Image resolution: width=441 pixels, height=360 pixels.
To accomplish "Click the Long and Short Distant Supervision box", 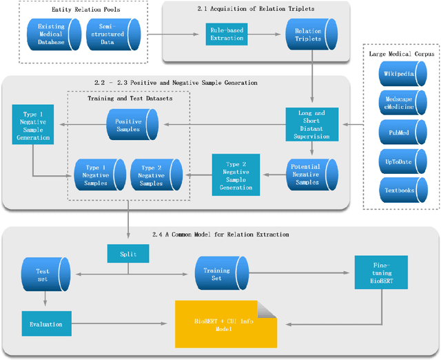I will coord(312,125).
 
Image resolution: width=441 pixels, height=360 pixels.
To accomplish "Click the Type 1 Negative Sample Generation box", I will coord(32,125).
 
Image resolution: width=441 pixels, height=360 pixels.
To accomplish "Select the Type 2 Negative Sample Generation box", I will coord(236,175).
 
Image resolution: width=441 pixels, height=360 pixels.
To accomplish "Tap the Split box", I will coord(127,254).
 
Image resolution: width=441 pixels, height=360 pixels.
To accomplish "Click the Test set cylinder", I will coord(43,274).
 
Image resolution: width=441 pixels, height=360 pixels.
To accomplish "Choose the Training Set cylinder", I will coord(216,274).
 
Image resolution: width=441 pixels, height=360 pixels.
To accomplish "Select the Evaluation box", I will coord(45,323).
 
